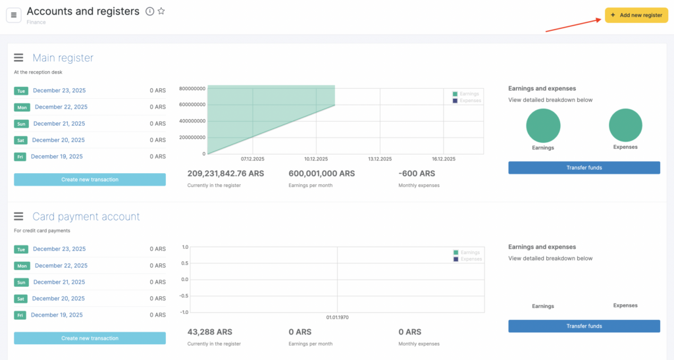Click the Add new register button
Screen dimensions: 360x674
[x=636, y=15]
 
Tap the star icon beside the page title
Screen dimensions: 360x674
[x=161, y=11]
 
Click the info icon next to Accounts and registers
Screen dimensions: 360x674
[x=149, y=11]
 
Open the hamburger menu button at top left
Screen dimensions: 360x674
[x=14, y=14]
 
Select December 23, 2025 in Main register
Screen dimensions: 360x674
[x=59, y=91]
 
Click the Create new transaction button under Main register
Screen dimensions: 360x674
[x=90, y=180]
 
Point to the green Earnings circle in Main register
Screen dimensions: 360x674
[x=543, y=126]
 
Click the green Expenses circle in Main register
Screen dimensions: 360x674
[x=625, y=125]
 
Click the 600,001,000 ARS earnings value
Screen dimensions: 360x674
[x=321, y=174]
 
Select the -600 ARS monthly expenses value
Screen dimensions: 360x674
[x=417, y=174]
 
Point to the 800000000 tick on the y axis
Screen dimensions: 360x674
[x=192, y=88]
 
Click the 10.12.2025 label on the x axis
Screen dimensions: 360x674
[x=317, y=159]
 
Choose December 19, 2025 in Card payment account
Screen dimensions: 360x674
[x=57, y=315]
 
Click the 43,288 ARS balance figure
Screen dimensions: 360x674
[x=209, y=332]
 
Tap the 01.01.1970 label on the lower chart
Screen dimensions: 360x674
[x=338, y=317]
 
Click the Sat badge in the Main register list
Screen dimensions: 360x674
[x=20, y=140]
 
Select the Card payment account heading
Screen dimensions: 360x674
[x=86, y=217]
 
